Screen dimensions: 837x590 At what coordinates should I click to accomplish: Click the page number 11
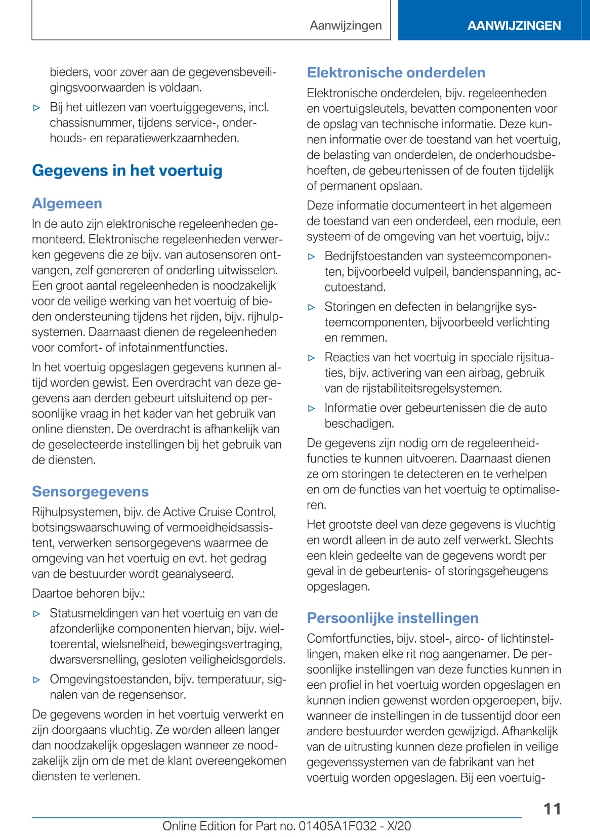pyautogui.click(x=552, y=809)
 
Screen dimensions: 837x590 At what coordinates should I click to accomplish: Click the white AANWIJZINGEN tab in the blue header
pyautogui.click(x=514, y=26)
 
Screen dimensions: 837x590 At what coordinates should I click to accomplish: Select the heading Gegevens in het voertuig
pyautogui.click(x=127, y=171)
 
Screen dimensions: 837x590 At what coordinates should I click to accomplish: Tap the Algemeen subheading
pyautogui.click(x=67, y=203)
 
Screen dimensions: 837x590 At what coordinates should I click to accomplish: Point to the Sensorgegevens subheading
pyautogui.click(x=90, y=491)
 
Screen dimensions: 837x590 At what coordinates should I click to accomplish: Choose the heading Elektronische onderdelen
pyautogui.click(x=396, y=72)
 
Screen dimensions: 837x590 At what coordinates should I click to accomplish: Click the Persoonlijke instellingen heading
pyautogui.click(x=393, y=618)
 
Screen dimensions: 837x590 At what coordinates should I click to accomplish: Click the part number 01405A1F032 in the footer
pyautogui.click(x=338, y=826)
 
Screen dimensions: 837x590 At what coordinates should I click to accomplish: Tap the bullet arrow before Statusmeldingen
pyautogui.click(x=36, y=614)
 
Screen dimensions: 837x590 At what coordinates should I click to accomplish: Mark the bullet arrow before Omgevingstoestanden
pyautogui.click(x=36, y=680)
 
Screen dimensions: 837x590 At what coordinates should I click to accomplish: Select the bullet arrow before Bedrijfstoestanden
pyautogui.click(x=312, y=257)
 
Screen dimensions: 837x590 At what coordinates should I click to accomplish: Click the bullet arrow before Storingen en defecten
pyautogui.click(x=312, y=307)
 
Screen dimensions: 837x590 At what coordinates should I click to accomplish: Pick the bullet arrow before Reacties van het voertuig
pyautogui.click(x=312, y=358)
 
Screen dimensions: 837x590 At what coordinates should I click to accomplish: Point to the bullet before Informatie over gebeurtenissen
pyautogui.click(x=312, y=408)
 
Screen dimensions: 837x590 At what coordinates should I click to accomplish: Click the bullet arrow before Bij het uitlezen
pyautogui.click(x=36, y=108)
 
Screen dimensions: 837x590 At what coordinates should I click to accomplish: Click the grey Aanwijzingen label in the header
pyautogui.click(x=346, y=25)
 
